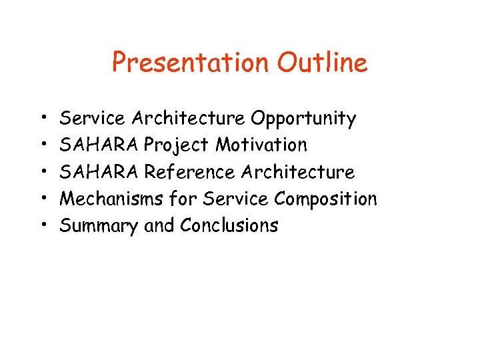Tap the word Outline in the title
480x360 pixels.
pyautogui.click(x=322, y=63)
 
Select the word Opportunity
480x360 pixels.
pyautogui.click(x=303, y=119)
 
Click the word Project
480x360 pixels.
pyautogui.click(x=177, y=145)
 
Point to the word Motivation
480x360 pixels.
pyautogui.click(x=261, y=145)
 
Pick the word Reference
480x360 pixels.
pyautogui.click(x=190, y=172)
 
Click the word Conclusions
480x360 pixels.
pyautogui.click(x=229, y=225)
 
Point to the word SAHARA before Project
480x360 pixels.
pyautogui.click(x=100, y=145)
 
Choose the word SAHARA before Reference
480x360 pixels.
pyautogui.click(x=100, y=172)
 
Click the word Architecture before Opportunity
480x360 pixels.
pyautogui.click(x=188, y=119)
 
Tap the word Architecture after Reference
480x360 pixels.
pyautogui.click(x=298, y=172)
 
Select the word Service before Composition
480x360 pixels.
pyautogui.click(x=236, y=199)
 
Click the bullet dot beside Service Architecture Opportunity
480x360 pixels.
pyautogui.click(x=41, y=119)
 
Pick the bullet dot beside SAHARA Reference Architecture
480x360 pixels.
pyautogui.click(x=41, y=173)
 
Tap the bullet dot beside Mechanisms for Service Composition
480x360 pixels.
pyautogui.click(x=41, y=199)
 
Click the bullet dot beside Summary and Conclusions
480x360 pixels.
pyautogui.click(x=41, y=226)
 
